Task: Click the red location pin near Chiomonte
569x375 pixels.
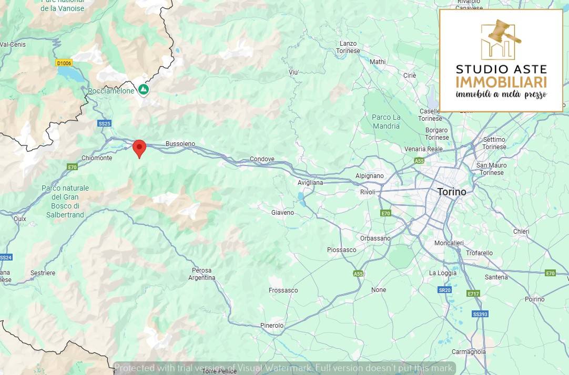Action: click(x=139, y=148)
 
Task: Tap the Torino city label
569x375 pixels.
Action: click(x=451, y=192)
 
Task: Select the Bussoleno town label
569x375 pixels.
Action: click(x=180, y=143)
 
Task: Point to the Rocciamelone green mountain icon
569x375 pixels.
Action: click(x=144, y=90)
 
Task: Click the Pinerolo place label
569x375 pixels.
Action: click(x=272, y=326)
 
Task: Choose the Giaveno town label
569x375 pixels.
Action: click(x=282, y=213)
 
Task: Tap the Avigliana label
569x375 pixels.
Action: click(x=310, y=182)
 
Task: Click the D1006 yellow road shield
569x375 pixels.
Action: click(x=64, y=63)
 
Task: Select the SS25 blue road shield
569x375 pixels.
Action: click(x=104, y=123)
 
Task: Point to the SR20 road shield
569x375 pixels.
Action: click(x=445, y=290)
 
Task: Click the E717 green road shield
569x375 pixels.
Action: click(x=473, y=294)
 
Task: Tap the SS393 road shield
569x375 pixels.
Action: click(x=480, y=314)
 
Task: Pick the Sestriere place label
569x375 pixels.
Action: click(x=43, y=273)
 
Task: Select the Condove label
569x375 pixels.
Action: click(x=262, y=159)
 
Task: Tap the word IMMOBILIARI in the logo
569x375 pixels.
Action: click(x=501, y=82)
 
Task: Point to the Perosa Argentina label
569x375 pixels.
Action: click(x=201, y=274)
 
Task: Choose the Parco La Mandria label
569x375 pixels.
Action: click(x=386, y=121)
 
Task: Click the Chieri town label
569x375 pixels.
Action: click(x=521, y=232)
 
